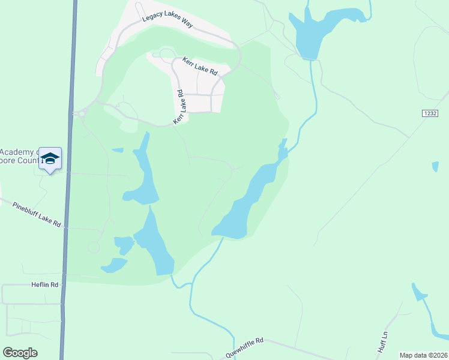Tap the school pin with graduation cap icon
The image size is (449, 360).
click(x=50, y=158)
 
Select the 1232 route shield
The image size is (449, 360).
click(x=429, y=113)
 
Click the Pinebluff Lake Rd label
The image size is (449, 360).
click(x=37, y=214)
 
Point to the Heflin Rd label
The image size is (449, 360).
click(x=46, y=284)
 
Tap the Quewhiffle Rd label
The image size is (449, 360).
click(x=244, y=347)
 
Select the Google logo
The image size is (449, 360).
click(x=20, y=353)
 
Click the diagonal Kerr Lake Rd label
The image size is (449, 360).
click(x=180, y=107)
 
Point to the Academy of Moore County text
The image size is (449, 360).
click(x=18, y=157)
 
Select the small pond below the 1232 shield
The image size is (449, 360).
click(x=435, y=166)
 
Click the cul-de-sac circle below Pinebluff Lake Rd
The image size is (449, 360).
click(x=94, y=247)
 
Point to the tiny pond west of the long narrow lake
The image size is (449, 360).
click(x=118, y=150)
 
